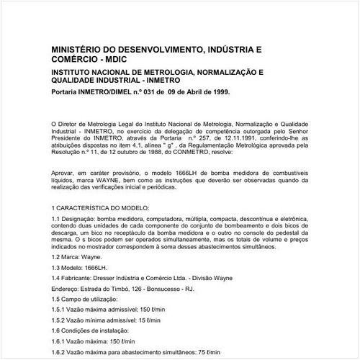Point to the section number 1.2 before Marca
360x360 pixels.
pyautogui.click(x=57, y=256)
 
